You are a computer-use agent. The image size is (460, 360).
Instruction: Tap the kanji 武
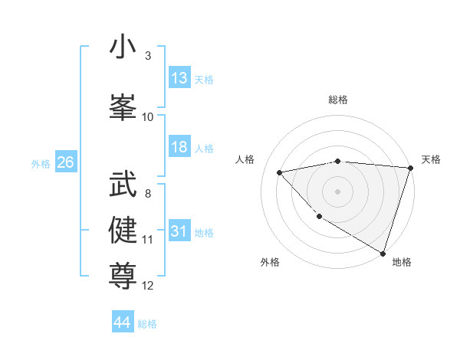pyautogui.click(x=123, y=184)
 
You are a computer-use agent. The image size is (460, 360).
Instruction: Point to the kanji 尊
pyautogui.click(x=123, y=274)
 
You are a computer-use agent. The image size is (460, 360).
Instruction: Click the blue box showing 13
pyautogui.click(x=179, y=78)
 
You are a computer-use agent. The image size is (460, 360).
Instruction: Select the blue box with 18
pyautogui.click(x=179, y=147)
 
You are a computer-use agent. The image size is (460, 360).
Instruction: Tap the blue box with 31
pyautogui.click(x=179, y=231)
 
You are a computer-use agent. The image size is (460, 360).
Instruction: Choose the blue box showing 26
pyautogui.click(x=65, y=162)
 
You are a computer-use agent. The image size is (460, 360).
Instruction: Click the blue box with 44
pyautogui.click(x=123, y=322)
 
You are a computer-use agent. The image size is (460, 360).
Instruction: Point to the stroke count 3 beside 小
pyautogui.click(x=148, y=57)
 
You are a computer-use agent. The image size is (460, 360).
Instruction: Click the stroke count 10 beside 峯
pyautogui.click(x=148, y=117)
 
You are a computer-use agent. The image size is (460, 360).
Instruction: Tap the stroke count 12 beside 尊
pyautogui.click(x=148, y=286)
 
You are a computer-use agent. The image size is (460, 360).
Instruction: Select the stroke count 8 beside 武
pyautogui.click(x=148, y=194)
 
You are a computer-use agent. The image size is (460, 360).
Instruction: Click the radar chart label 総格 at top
pyautogui.click(x=338, y=100)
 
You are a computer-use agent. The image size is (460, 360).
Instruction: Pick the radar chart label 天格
pyautogui.click(x=431, y=159)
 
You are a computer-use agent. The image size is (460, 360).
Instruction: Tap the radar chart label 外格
pyautogui.click(x=270, y=262)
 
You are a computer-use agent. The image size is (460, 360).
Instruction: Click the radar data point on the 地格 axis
pyautogui.click(x=383, y=252)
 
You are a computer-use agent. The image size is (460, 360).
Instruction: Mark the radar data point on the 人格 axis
pyautogui.click(x=280, y=172)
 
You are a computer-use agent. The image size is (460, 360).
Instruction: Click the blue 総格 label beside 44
pyautogui.click(x=147, y=324)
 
